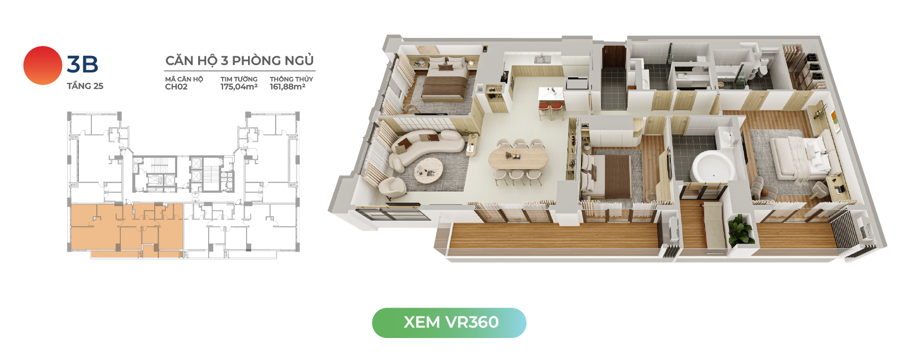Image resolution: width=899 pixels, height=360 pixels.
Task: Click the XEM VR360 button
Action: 449,323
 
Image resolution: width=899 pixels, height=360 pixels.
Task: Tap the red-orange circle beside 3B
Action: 42,65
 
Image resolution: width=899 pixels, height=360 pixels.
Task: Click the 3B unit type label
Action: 82,64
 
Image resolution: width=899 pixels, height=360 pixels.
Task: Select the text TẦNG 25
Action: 85,86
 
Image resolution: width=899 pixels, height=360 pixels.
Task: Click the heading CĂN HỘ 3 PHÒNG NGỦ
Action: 240,60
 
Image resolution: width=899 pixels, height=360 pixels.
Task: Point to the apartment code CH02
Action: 176,87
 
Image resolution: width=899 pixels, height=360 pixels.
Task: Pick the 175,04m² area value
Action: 239,87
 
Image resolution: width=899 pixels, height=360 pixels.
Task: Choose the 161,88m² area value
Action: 288,87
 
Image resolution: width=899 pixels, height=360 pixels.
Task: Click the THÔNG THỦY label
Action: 292,79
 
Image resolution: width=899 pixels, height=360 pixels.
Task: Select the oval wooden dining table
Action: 518,158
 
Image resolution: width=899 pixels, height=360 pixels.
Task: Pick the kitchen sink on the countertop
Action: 541,59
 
